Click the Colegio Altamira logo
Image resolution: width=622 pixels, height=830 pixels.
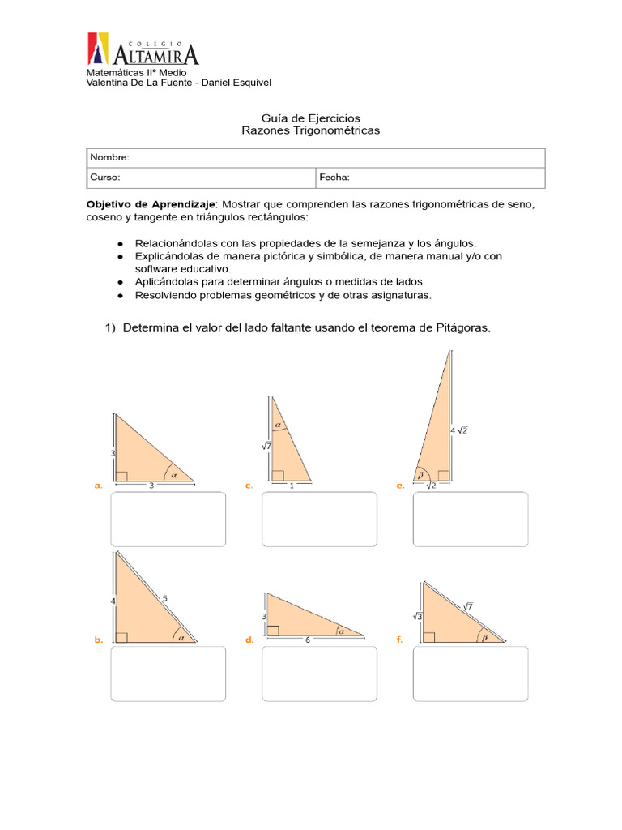coord(143,50)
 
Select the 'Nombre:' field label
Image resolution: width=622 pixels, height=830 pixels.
coord(109,157)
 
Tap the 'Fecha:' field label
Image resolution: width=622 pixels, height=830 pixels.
coord(334,177)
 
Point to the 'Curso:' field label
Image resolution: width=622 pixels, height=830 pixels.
coord(105,177)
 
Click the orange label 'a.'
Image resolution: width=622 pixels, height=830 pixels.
coord(98,486)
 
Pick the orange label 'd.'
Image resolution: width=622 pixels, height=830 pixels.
coord(249,640)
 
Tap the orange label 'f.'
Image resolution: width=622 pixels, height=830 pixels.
coord(399,640)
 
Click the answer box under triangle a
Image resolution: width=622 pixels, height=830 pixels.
coord(168,519)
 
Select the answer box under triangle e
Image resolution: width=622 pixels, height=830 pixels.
coord(470,519)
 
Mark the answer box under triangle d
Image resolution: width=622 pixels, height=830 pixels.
coord(319,673)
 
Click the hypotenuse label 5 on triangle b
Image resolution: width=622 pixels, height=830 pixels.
coord(165,599)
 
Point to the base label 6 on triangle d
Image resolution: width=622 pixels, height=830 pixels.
coord(308,640)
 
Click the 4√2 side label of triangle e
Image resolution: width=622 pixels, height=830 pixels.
coord(458,430)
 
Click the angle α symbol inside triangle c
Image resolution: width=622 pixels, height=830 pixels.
coord(278,424)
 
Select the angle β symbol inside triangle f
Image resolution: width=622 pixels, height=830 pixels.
coord(484,637)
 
